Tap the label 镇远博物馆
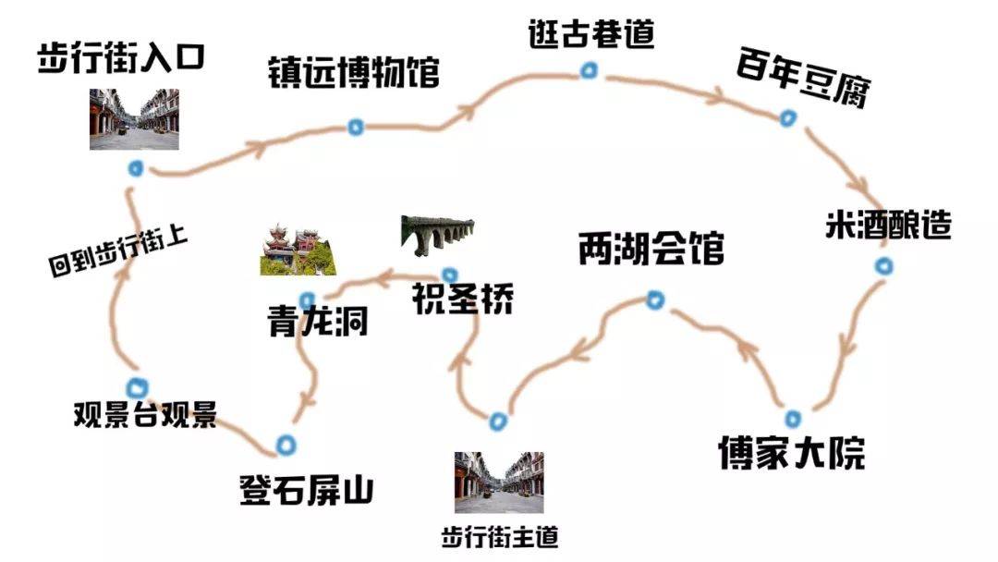[x=353, y=72]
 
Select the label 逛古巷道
[x=591, y=34]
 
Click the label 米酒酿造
[x=887, y=226]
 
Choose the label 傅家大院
[x=792, y=453]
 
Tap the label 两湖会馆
[x=651, y=250]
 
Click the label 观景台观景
[x=145, y=415]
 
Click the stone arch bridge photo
[x=438, y=236]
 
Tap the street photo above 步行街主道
[x=499, y=482]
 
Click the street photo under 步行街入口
[x=134, y=119]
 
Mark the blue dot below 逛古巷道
[x=589, y=70]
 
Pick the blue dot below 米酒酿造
[x=884, y=267]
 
